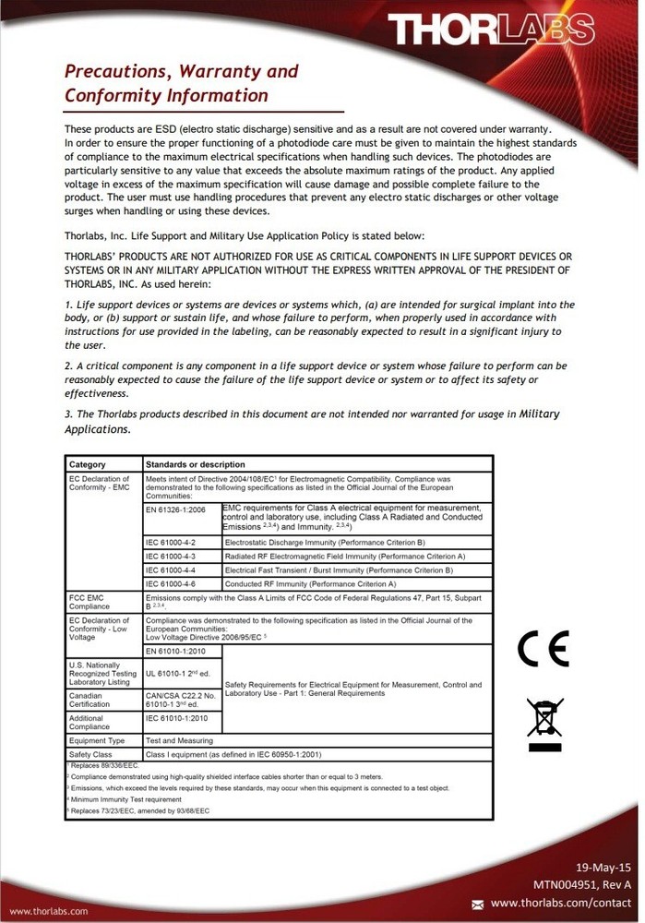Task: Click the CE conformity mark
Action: tap(543, 649)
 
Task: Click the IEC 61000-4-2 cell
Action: tap(171, 542)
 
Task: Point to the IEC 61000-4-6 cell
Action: tap(171, 583)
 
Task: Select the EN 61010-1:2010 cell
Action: tap(177, 653)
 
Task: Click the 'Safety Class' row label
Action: tap(90, 754)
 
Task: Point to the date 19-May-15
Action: tap(603, 869)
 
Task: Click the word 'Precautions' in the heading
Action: tap(112, 72)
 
